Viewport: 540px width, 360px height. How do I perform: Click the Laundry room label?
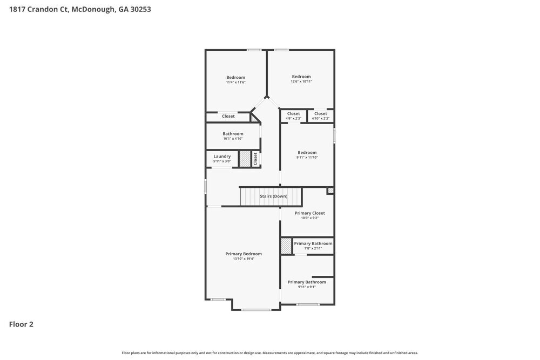[x=222, y=157]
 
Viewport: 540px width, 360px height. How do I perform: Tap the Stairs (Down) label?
[x=273, y=196]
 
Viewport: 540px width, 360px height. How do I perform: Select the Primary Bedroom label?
[x=244, y=254]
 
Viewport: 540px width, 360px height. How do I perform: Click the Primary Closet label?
[x=309, y=213]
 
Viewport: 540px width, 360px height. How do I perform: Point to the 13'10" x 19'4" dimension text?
[x=244, y=259]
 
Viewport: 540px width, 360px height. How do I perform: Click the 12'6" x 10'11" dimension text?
[x=301, y=81]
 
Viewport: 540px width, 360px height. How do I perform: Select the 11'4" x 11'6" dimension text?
[x=235, y=83]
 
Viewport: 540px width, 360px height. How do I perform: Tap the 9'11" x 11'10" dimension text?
[x=307, y=158]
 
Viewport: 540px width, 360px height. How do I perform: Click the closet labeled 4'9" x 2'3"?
[x=293, y=114]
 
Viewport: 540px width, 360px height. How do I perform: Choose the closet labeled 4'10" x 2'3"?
[x=321, y=114]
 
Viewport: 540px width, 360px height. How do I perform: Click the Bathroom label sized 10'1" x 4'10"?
[x=233, y=134]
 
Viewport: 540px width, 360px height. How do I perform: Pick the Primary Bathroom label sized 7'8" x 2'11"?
[x=313, y=243]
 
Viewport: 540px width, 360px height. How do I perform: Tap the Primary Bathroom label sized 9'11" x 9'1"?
[x=307, y=282]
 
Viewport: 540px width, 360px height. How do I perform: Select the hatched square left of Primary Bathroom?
[x=286, y=246]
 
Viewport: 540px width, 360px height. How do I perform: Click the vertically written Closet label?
[x=255, y=159]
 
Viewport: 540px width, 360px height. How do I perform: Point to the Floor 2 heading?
[x=21, y=324]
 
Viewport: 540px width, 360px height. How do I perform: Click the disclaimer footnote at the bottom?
[x=269, y=352]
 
